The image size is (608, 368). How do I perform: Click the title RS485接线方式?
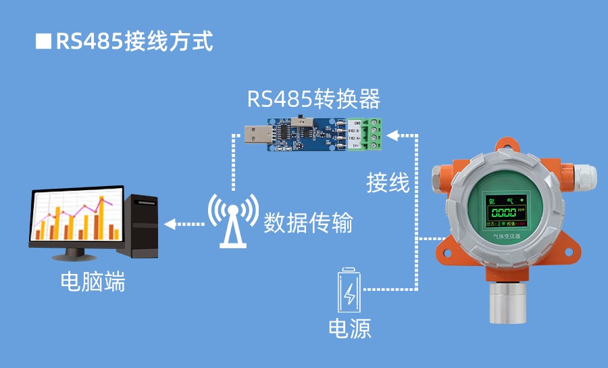[x=134, y=41]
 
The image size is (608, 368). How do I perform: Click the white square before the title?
[x=43, y=41]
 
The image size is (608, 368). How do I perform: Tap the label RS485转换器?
[x=313, y=100]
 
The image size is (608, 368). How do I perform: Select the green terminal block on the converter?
[x=374, y=132]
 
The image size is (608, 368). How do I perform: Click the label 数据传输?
[x=308, y=223]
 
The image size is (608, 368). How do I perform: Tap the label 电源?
[x=349, y=329]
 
